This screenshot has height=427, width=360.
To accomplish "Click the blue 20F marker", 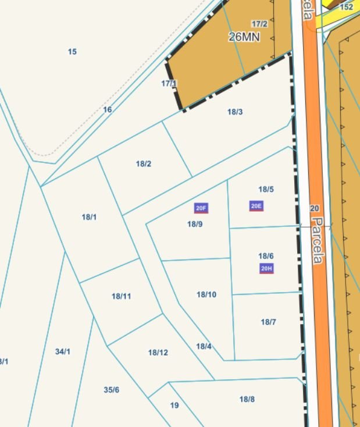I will coord(201,208).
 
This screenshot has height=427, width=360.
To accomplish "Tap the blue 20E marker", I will coord(256,206).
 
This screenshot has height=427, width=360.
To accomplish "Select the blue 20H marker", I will coord(266,268).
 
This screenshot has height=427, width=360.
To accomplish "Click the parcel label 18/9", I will coord(195,224).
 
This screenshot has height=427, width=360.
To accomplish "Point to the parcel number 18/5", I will coord(266,189).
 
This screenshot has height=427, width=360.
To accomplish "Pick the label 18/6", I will coord(266,256).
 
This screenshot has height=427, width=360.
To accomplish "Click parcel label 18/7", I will coord(268,322).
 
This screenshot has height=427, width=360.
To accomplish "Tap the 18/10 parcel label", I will coord(206,294).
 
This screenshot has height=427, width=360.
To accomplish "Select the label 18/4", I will coord(204,346).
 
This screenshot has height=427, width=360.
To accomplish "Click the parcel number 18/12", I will coord(158,353).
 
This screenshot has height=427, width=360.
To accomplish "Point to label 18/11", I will coord(121,296).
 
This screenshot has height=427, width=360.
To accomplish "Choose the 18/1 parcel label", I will coord(89,217).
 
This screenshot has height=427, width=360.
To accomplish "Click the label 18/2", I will coord(144,163).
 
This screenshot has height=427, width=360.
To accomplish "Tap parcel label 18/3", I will coord(235,112).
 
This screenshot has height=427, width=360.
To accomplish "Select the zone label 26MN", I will coord(244,37).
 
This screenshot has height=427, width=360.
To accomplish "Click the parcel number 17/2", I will coord(259,24).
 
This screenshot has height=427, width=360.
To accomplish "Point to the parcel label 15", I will coord(72,52).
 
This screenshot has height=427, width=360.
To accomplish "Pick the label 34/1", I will coord(63,351).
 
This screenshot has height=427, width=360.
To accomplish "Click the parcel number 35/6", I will coord(112,390).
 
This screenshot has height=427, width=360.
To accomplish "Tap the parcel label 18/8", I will coord(247,399).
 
